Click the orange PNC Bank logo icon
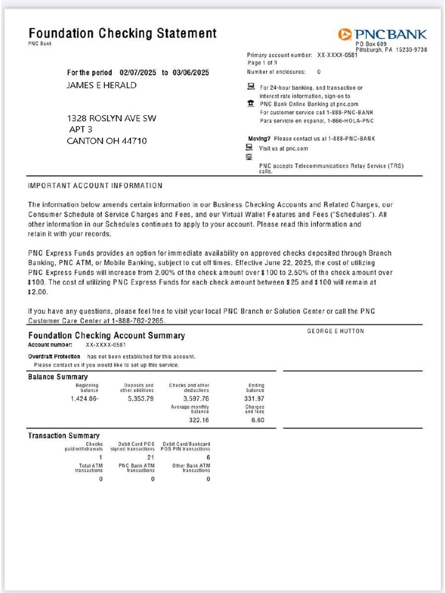pos(345,35)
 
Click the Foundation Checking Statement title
pos(122,33)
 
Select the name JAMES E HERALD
pos(102,85)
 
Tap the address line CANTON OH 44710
pos(107,141)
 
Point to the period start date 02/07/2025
pos(138,73)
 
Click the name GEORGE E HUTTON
pos(335,331)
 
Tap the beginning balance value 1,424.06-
pos(85,398)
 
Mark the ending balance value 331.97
pos(254,398)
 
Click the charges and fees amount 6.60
pos(257,420)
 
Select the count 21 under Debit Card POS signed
pos(150,457)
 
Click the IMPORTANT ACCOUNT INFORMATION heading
pos(95,186)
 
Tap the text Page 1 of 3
pos(262,63)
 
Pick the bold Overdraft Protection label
pos(54,356)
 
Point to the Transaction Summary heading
pos(64,435)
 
